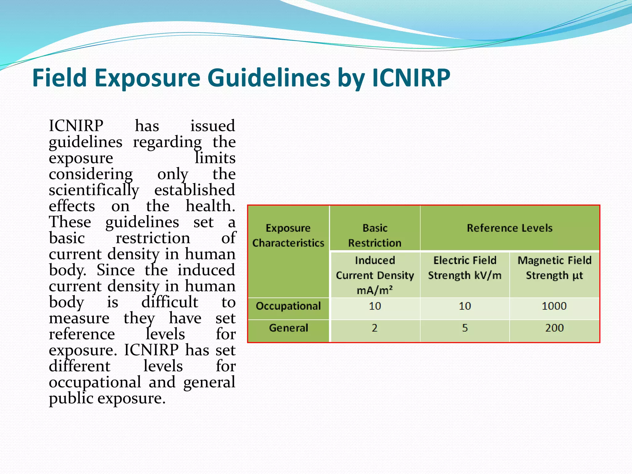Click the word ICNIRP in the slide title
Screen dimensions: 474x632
411,78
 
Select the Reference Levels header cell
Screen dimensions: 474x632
509,228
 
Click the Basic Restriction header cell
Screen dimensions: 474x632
375,235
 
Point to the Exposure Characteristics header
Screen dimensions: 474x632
288,235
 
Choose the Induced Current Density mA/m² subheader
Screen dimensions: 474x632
375,275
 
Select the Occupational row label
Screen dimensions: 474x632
288,306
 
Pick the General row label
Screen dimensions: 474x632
288,328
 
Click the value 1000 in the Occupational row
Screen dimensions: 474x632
554,306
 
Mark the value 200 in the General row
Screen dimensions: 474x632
554,328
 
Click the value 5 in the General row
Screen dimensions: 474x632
465,328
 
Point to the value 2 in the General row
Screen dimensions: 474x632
375,328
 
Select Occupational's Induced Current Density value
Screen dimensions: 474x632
375,306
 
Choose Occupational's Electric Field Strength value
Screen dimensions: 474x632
465,306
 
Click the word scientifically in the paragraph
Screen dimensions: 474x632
94,190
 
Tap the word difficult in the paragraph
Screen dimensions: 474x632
169,302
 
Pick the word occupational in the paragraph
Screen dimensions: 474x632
95,383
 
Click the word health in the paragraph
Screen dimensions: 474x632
209,206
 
